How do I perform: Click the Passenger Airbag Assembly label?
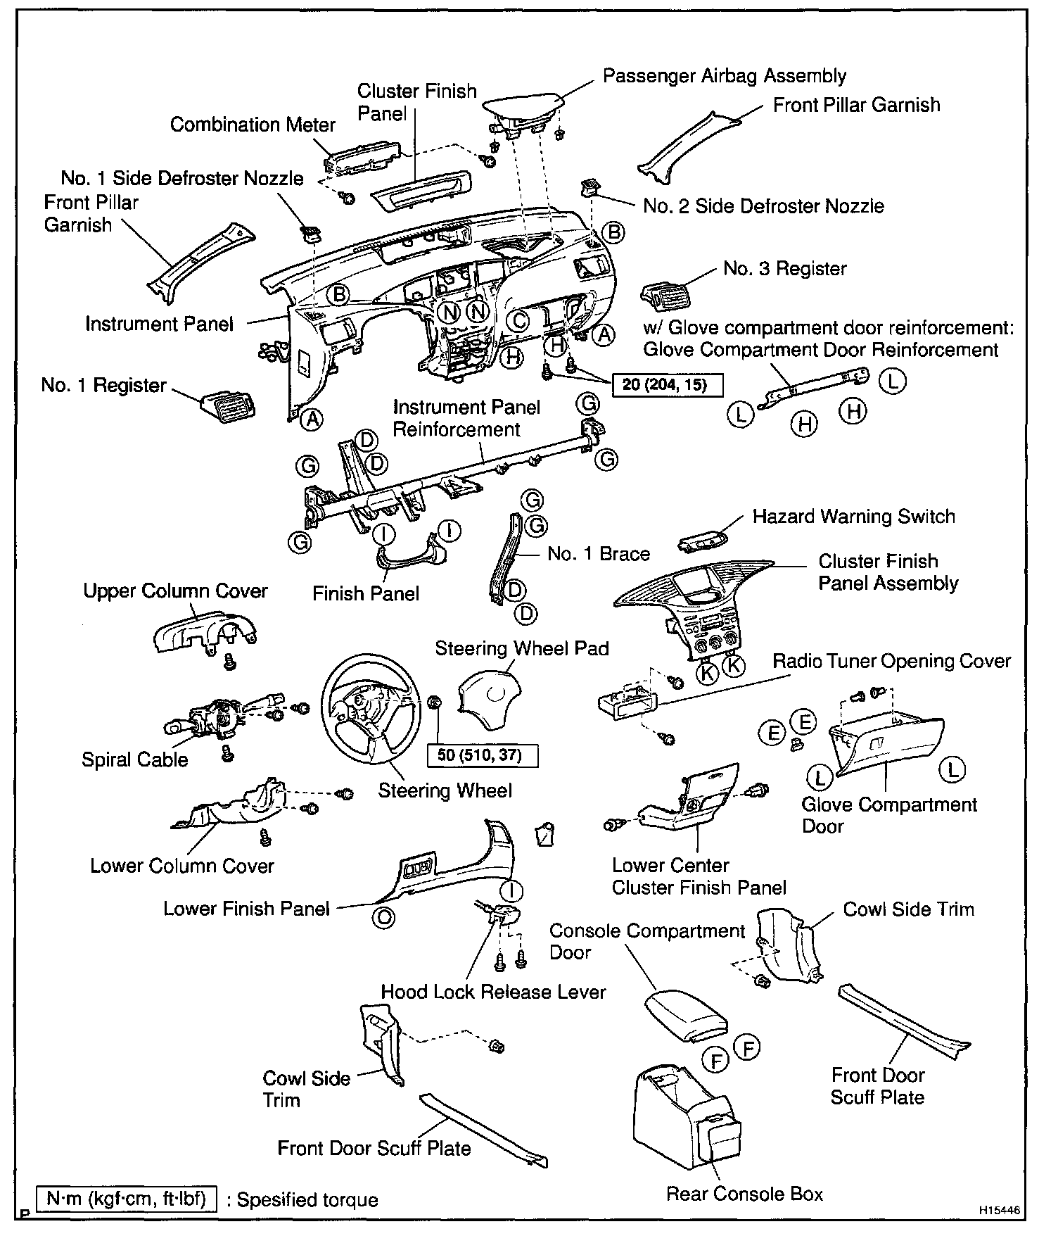(724, 76)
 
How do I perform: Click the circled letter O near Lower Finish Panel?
(384, 918)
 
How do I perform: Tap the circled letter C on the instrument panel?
(518, 321)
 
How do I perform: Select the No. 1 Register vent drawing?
(228, 407)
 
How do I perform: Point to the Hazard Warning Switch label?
(853, 516)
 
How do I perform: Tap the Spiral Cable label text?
(134, 759)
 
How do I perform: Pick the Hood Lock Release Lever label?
(493, 992)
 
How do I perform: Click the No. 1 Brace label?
(598, 554)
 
